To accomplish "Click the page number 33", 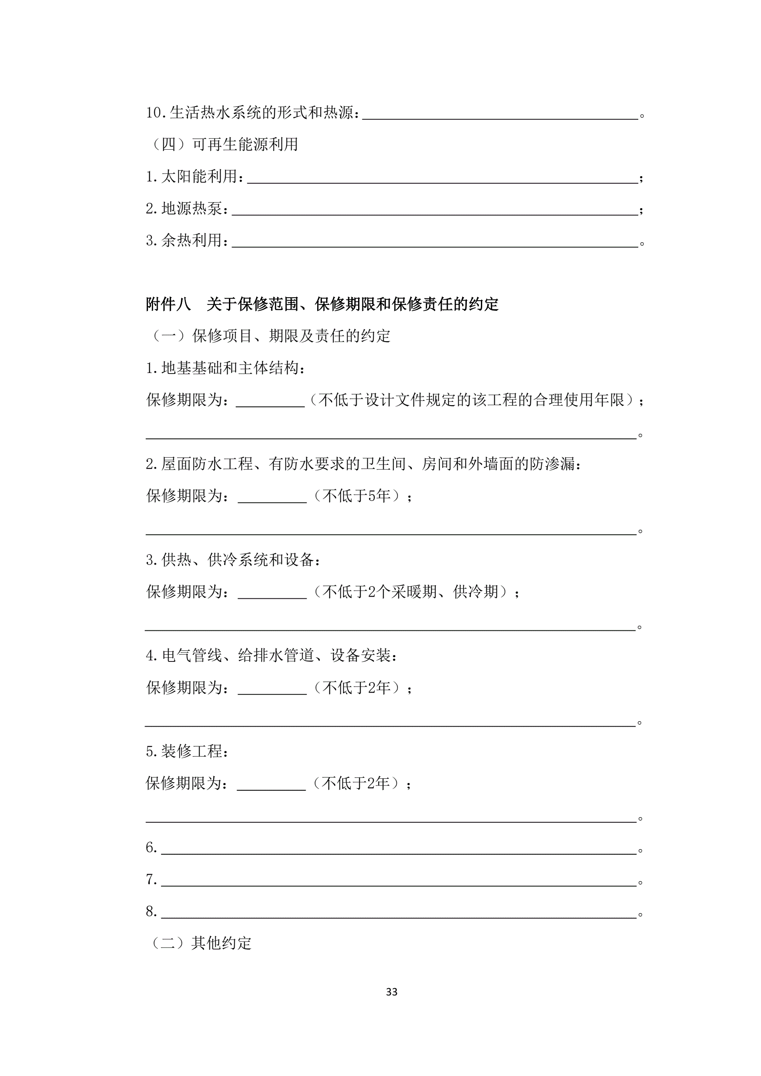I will point(391,992).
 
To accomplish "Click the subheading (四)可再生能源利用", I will point(223,144).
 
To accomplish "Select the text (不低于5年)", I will point(361,496).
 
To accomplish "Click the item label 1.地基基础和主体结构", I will point(225,368).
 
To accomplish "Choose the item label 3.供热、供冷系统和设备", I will point(233,560).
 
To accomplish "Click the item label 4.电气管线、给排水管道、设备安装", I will point(271,655).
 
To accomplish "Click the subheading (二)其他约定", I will point(200,943).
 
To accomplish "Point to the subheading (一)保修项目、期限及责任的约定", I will point(269,336).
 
